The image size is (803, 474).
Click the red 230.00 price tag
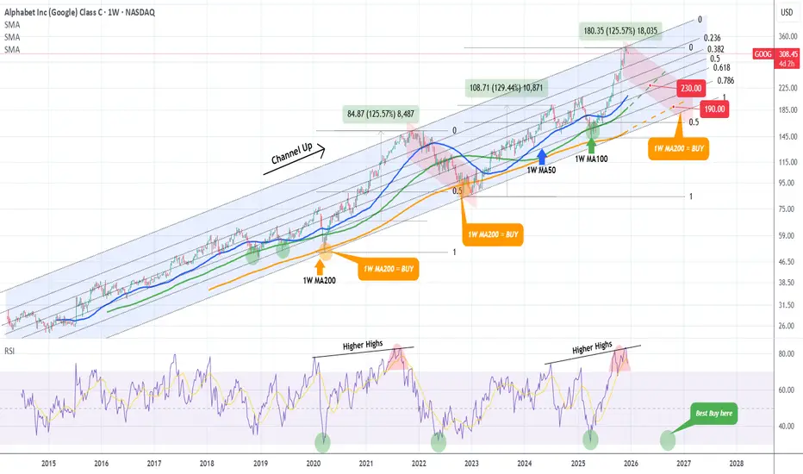tap(691, 88)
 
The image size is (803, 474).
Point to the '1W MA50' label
tap(540, 172)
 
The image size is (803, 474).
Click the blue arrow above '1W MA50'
tap(542, 156)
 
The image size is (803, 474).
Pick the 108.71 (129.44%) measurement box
tap(507, 88)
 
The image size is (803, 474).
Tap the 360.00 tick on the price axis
tap(785, 37)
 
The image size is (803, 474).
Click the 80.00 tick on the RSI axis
tap(785, 354)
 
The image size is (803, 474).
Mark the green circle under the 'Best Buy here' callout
tap(668, 440)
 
